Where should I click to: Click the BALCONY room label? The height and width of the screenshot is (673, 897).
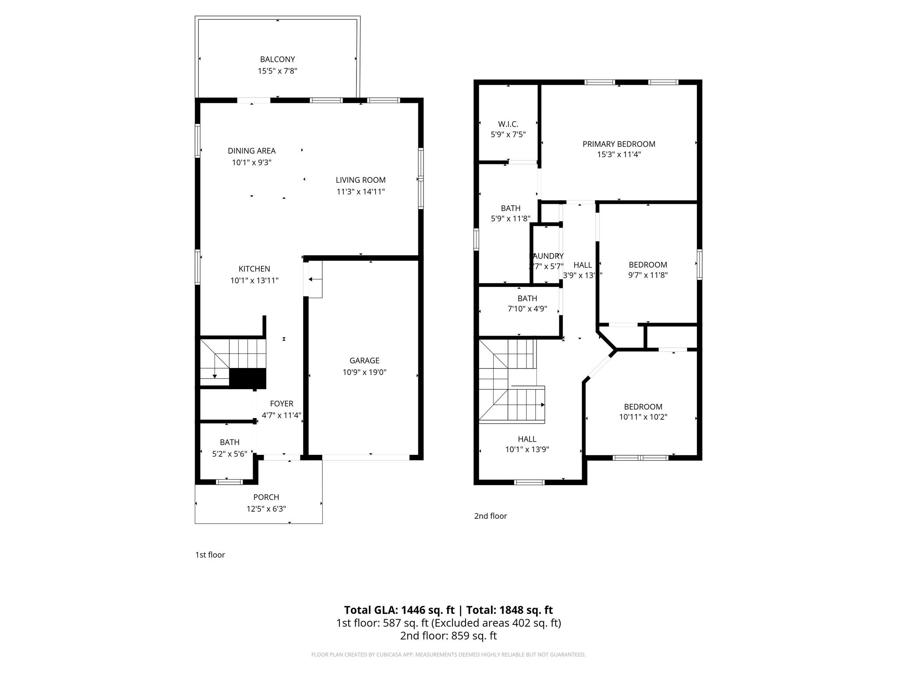click(x=277, y=59)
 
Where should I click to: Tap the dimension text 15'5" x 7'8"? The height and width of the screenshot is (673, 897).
click(x=277, y=71)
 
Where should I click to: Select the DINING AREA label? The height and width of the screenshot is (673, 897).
click(x=251, y=151)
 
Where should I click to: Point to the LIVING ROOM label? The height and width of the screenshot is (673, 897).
click(x=360, y=180)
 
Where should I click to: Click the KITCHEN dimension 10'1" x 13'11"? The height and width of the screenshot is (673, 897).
click(x=254, y=280)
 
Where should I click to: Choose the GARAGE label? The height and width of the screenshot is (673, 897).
click(x=364, y=361)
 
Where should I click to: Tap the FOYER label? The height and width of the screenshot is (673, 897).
click(x=281, y=404)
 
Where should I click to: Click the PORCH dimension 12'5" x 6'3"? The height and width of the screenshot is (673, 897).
click(x=266, y=509)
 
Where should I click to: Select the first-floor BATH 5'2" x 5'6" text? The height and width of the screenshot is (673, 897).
click(x=230, y=454)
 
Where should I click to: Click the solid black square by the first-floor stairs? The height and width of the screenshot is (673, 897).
click(x=247, y=378)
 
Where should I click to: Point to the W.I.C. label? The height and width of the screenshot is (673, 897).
click(x=508, y=124)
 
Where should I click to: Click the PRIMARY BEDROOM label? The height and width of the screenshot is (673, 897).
click(x=618, y=144)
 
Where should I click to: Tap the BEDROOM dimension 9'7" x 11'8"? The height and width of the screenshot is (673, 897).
click(x=648, y=275)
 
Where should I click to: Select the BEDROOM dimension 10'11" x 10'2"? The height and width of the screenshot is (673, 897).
click(x=643, y=417)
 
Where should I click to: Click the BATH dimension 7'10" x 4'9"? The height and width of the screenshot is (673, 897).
click(x=527, y=308)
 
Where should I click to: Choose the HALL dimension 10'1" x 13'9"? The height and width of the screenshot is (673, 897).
click(x=527, y=449)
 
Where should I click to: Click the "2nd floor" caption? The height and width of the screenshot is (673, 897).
click(x=490, y=516)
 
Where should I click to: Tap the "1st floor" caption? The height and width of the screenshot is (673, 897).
click(x=210, y=555)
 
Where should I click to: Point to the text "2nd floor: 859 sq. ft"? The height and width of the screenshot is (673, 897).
click(x=448, y=636)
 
